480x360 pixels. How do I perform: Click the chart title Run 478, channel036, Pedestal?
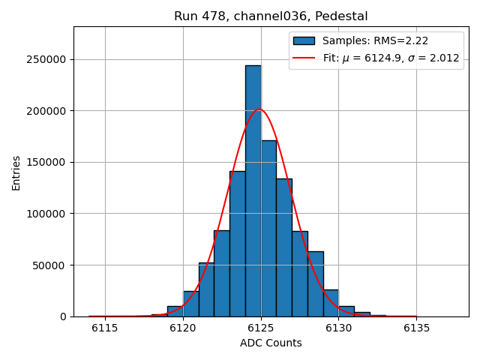271,16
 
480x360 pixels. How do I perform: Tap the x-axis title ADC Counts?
271,343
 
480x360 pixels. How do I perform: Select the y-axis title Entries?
16,172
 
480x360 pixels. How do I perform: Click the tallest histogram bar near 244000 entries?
253,187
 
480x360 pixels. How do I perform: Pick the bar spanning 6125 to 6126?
268,225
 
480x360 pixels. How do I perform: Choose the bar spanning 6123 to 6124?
238,240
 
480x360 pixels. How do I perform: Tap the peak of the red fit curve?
259,109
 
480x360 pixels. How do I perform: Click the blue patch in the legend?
304,40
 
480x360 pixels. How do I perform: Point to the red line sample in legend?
304,58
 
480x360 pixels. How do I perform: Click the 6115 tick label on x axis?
105,328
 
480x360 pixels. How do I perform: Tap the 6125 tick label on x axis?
261,328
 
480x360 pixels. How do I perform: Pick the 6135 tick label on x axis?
416,328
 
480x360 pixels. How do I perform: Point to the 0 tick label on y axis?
63,316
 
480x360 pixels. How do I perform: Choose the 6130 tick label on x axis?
338,328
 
